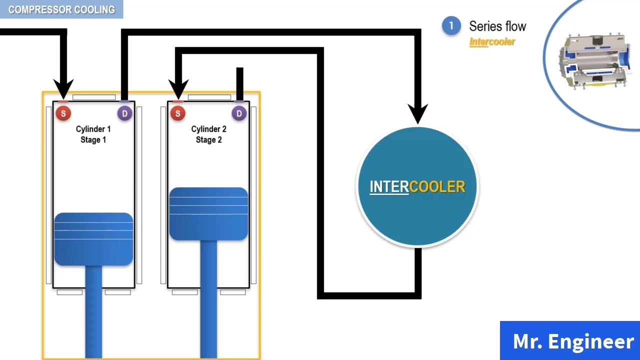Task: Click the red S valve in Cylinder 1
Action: (63, 113)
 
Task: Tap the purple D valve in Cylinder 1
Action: (125, 113)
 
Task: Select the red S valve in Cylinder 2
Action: (178, 113)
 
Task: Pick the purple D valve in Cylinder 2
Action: (239, 113)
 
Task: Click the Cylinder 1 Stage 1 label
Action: (93, 134)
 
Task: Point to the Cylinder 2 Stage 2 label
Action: (208, 134)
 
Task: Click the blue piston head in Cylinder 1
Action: (93, 239)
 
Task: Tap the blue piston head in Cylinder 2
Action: (208, 213)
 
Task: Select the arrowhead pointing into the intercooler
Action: (417, 113)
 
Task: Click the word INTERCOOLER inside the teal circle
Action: (417, 187)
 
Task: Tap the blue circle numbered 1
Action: (451, 25)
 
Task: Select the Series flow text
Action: (497, 26)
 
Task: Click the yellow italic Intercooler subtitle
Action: (492, 42)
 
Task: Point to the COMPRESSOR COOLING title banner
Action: (61, 9)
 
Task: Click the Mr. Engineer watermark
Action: (573, 341)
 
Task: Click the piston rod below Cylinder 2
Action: (208, 299)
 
